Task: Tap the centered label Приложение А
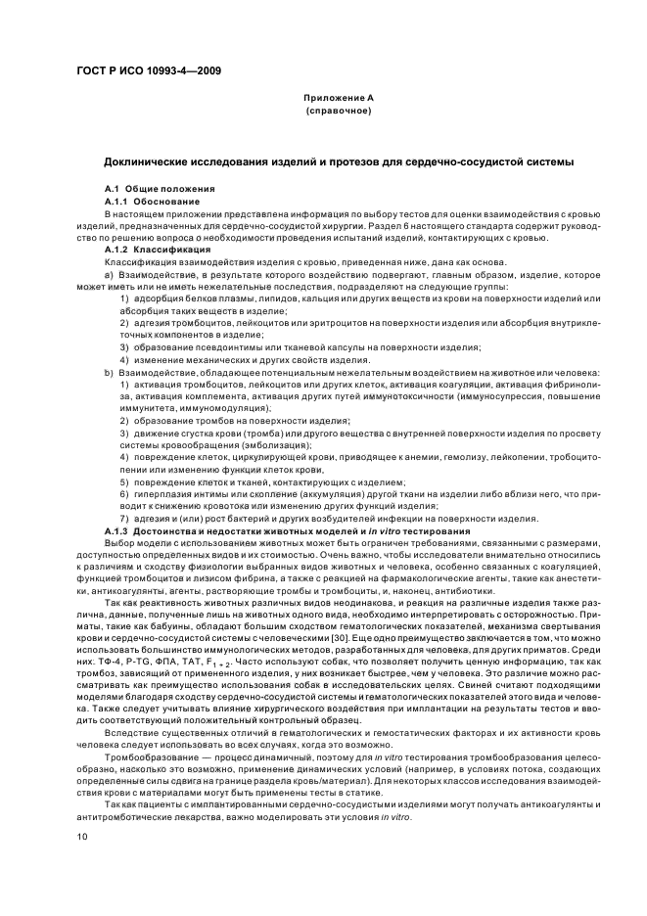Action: [x=338, y=98]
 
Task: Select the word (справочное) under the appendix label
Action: [x=338, y=112]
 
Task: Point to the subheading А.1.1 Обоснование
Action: [x=152, y=200]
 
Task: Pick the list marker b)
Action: [x=108, y=372]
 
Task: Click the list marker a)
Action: [x=108, y=275]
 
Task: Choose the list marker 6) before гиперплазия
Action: [x=125, y=493]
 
